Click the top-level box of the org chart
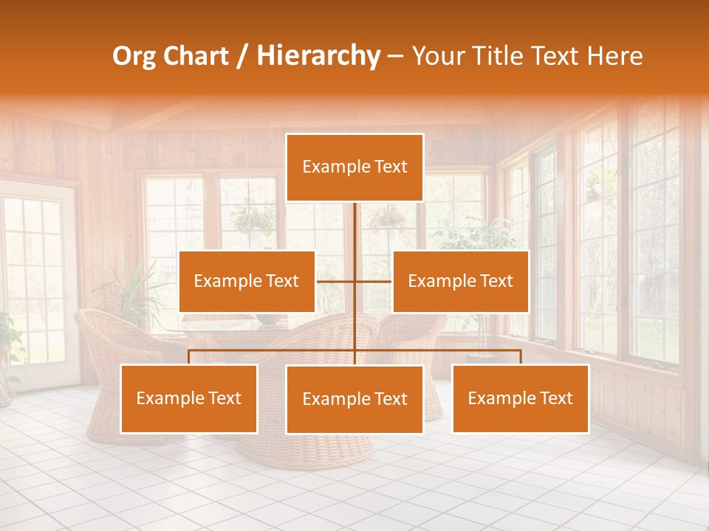354,167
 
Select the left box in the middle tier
247,281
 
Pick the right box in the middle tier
460,281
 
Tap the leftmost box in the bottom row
189,398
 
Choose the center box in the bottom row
354,399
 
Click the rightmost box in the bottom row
520,398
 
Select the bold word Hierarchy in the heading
318,56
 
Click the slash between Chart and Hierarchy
242,56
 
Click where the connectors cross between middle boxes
355,281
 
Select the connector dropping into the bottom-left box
189,357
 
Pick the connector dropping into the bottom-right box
521,357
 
